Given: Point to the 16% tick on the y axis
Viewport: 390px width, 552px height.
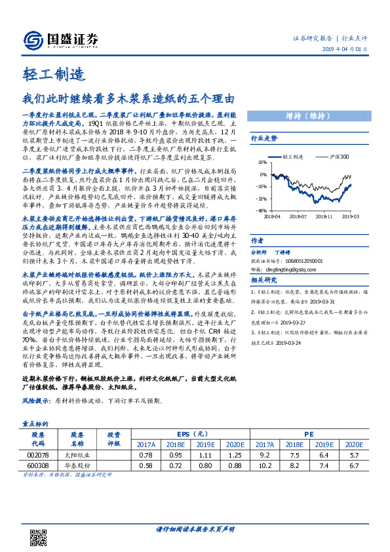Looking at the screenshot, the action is (262, 161).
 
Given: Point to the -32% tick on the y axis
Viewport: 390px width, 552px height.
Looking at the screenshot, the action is (262, 197).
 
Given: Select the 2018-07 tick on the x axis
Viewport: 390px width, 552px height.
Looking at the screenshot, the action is (298, 214).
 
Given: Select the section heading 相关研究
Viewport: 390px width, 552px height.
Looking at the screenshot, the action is (263, 281).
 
